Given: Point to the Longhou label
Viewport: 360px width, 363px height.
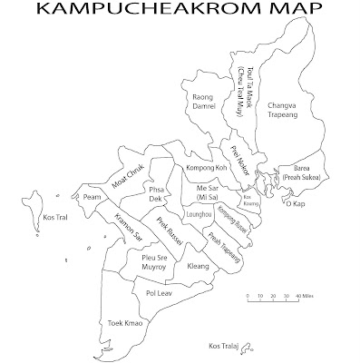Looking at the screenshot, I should [199, 214].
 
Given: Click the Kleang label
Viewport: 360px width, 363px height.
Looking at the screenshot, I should [198, 267].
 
